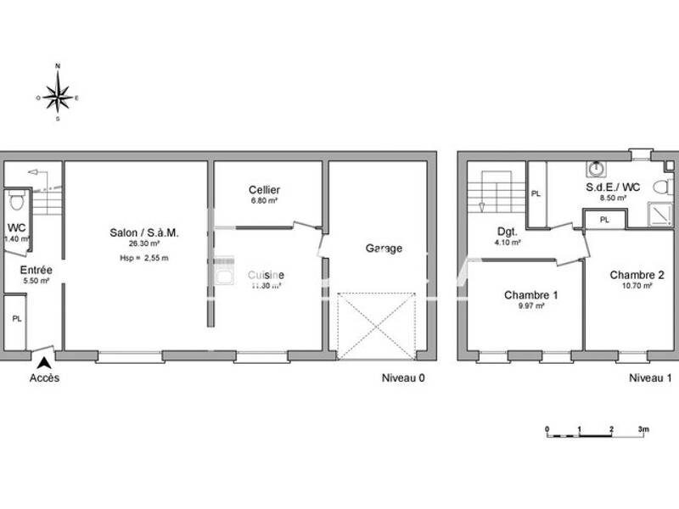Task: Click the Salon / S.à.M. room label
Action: pyautogui.click(x=143, y=232)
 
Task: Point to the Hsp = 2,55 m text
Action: pyautogui.click(x=143, y=258)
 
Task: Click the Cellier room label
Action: pyautogui.click(x=264, y=190)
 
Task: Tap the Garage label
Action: pyautogui.click(x=384, y=249)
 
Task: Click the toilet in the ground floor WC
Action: pyautogui.click(x=14, y=201)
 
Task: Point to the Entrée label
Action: pyautogui.click(x=36, y=270)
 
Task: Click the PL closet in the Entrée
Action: pyautogui.click(x=15, y=320)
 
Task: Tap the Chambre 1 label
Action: pyautogui.click(x=530, y=295)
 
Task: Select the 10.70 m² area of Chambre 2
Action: pyautogui.click(x=636, y=287)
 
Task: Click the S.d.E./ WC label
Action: pyautogui.click(x=613, y=187)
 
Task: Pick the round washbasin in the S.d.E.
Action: pyautogui.click(x=598, y=168)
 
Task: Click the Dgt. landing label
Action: pyautogui.click(x=508, y=231)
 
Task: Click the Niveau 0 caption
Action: pyautogui.click(x=402, y=378)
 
